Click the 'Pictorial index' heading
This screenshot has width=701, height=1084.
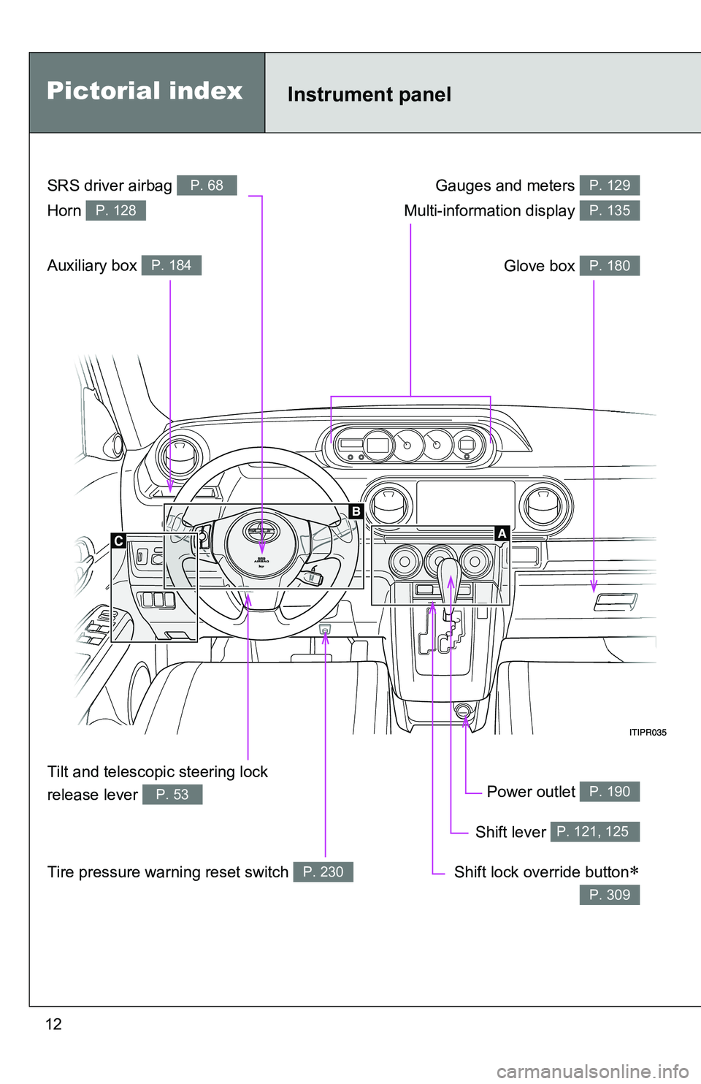145,91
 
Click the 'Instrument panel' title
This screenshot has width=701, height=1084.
369,94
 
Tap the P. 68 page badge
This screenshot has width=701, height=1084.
207,186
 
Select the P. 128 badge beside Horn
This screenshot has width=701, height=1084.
115,210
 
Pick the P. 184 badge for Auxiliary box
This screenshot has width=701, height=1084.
171,265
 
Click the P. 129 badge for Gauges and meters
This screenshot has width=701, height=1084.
609,186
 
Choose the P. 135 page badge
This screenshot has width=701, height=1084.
609,210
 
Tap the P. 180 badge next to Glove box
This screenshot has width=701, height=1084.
609,266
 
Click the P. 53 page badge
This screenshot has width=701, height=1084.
172,794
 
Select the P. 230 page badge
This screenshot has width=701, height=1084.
323,871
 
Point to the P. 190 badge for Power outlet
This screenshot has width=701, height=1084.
609,792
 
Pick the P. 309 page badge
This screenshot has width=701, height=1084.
609,895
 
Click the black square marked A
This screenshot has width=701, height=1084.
502,533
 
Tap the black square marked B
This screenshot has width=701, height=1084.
356,511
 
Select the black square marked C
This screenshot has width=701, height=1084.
118,541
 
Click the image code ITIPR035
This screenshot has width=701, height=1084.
648,733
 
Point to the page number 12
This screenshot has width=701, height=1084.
53,1024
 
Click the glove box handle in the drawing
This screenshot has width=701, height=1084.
616,602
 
